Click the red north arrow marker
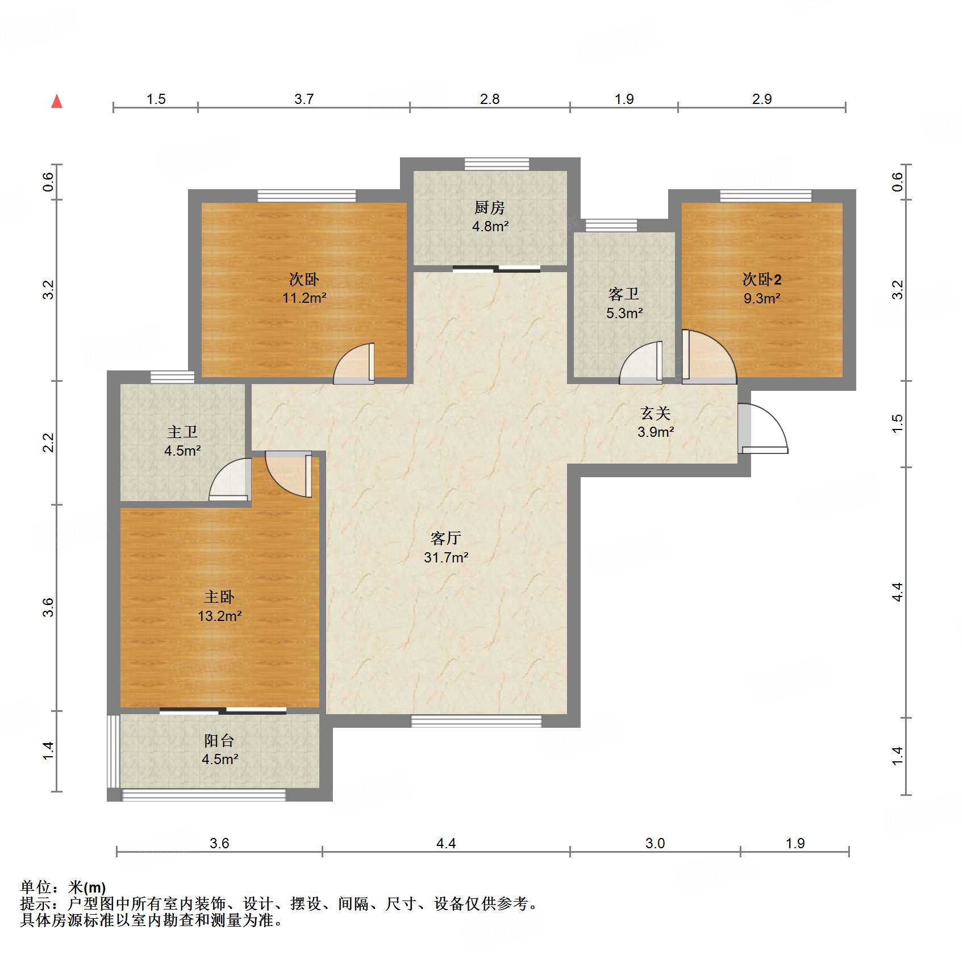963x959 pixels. click(x=57, y=101)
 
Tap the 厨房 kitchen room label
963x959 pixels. click(x=490, y=207)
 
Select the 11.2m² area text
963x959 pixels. click(x=305, y=298)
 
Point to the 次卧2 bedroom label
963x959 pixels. click(x=762, y=280)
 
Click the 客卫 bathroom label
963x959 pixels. click(x=624, y=294)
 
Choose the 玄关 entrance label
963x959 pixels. click(x=656, y=413)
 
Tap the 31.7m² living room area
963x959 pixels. click(x=446, y=557)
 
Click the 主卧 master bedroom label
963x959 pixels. click(x=219, y=597)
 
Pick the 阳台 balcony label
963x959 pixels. click(x=219, y=740)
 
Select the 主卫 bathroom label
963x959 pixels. click(x=182, y=432)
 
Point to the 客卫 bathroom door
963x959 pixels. click(x=641, y=362)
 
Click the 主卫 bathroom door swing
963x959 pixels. click(x=230, y=479)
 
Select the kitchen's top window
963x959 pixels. click(x=497, y=164)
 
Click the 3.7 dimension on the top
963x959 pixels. click(x=304, y=99)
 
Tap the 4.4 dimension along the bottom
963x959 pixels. click(x=446, y=843)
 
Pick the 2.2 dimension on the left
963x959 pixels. click(x=49, y=443)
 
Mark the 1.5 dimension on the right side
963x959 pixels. click(x=897, y=424)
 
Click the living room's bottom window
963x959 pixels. click(x=477, y=722)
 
